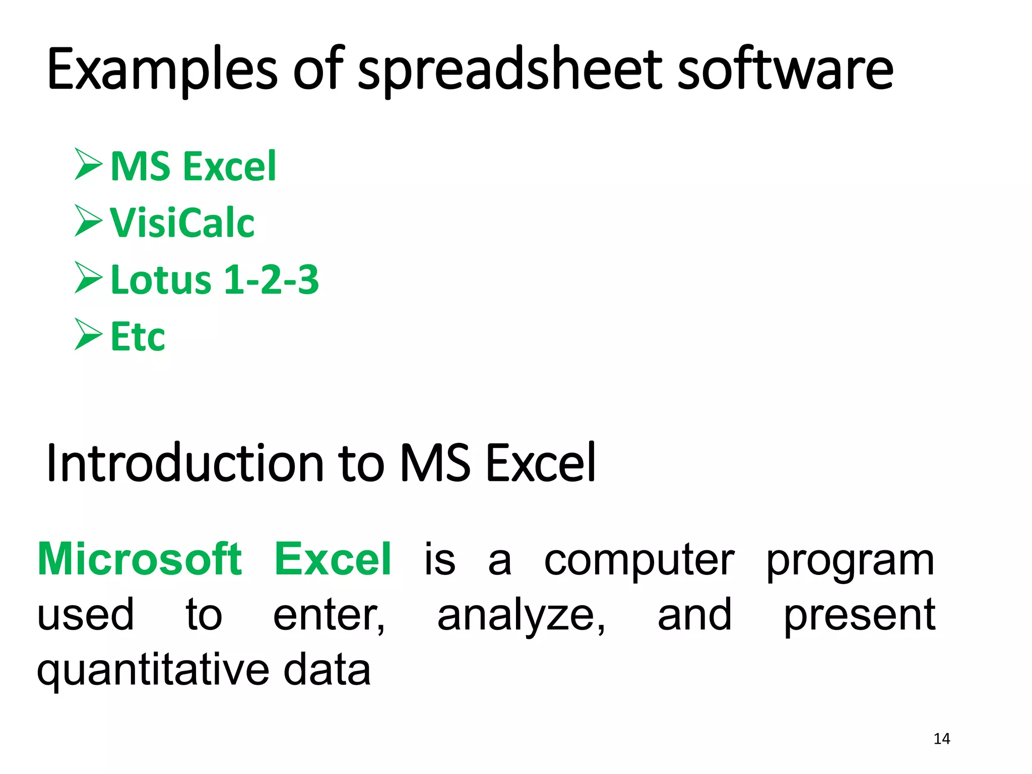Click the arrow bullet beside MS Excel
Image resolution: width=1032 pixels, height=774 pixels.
pos(89,164)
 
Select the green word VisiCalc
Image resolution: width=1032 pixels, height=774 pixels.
pos(182,222)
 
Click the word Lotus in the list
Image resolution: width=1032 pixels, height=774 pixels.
pos(161,280)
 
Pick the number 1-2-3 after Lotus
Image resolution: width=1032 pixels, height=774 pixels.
pos(271,280)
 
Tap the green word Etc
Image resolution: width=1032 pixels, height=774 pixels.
pos(138,337)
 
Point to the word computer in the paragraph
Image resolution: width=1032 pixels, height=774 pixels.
pos(639,561)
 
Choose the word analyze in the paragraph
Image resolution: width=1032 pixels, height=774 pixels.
pos(521,616)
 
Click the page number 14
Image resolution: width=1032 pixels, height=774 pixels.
pos(942,739)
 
